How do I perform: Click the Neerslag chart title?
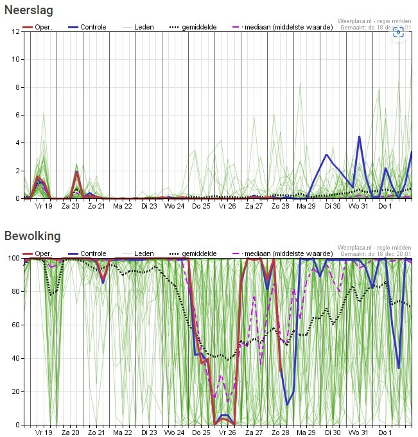tap(29, 10)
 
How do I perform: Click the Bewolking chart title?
tap(32, 236)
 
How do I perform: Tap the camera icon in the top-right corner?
tap(398, 33)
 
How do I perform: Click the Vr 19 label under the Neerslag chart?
tap(44, 207)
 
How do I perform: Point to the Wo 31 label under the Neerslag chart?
tap(358, 207)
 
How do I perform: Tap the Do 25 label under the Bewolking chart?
tap(201, 433)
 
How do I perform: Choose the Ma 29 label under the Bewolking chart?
tap(306, 433)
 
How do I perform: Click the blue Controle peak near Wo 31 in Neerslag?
tap(359, 137)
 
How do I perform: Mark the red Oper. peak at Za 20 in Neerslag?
tap(76, 171)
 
